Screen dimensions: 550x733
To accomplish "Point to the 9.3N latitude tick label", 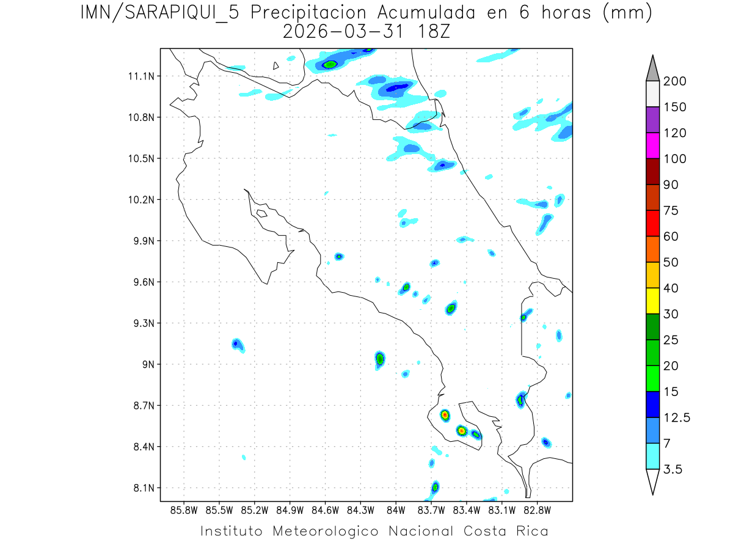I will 144,323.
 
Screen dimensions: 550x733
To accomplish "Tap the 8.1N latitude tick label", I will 144,488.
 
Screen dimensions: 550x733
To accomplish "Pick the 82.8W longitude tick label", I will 538,510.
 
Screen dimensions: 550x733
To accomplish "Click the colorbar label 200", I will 674,82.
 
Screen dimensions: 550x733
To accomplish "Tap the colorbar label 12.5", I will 676,417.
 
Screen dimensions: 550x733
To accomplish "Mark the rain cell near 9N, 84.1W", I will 380,358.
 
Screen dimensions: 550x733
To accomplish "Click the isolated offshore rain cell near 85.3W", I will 238,345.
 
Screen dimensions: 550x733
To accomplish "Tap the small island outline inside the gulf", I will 261,213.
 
